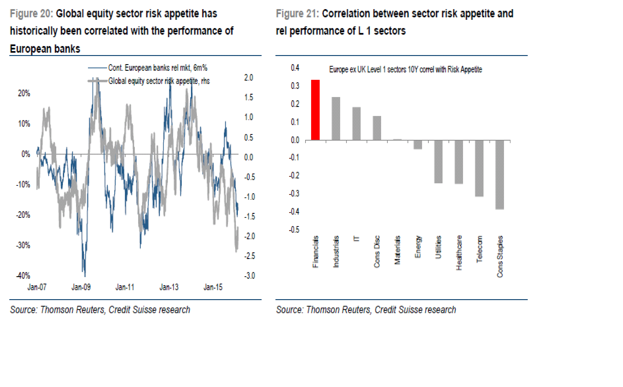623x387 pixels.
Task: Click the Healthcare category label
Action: click(x=459, y=253)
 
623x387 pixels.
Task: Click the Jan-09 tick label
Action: click(x=81, y=287)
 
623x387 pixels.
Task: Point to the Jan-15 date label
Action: click(x=213, y=287)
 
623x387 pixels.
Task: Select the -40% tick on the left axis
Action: click(x=23, y=276)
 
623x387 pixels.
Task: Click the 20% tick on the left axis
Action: click(x=24, y=93)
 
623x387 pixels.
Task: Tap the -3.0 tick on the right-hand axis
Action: click(x=249, y=276)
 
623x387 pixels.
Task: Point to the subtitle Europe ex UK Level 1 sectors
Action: click(x=406, y=69)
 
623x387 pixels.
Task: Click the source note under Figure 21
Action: click(x=366, y=310)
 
